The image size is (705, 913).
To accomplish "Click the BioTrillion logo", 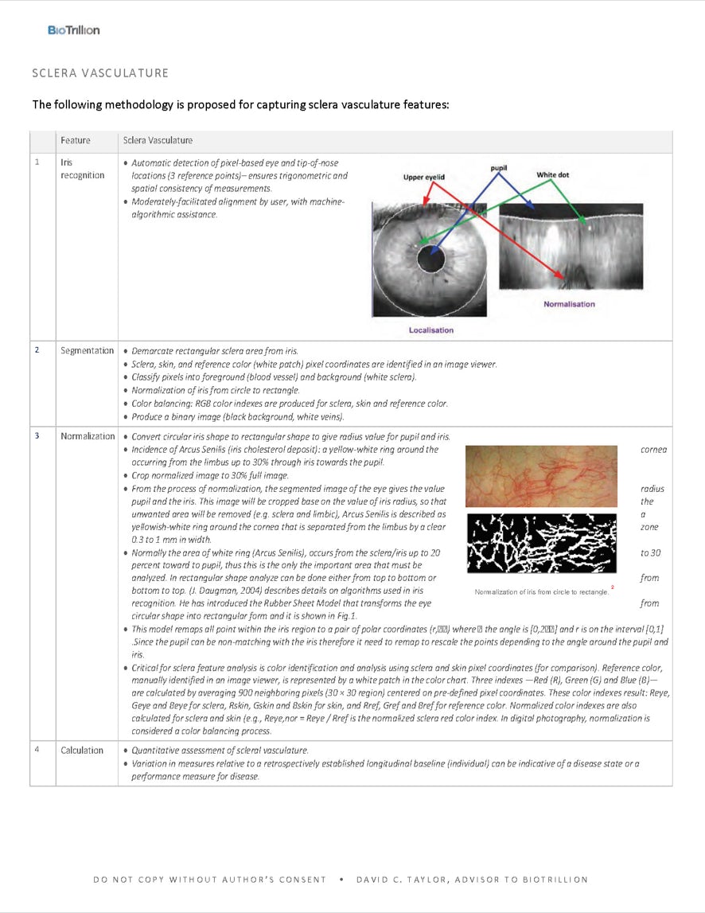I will point(73,30).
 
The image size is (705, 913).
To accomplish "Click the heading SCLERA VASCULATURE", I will point(100,73).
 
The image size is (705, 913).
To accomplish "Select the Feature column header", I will point(76,141).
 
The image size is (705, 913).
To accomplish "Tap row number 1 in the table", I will point(37,162).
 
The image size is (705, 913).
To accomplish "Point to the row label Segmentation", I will point(88,351).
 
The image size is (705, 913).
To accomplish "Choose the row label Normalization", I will point(88,436).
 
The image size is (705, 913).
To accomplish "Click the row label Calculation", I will point(82,750).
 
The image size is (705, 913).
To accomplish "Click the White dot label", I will point(552,174).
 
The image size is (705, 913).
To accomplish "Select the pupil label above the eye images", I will point(499,168).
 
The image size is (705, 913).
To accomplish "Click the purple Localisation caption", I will point(430,330).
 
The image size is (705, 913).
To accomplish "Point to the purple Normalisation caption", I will point(569,304).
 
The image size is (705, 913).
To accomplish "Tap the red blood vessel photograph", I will point(541,476).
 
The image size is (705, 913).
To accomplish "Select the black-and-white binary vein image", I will point(541,543).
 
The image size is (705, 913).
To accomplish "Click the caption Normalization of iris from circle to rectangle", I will point(541,591).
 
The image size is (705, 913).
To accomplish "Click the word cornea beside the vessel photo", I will point(653,450).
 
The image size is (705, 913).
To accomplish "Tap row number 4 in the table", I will point(37,750).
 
